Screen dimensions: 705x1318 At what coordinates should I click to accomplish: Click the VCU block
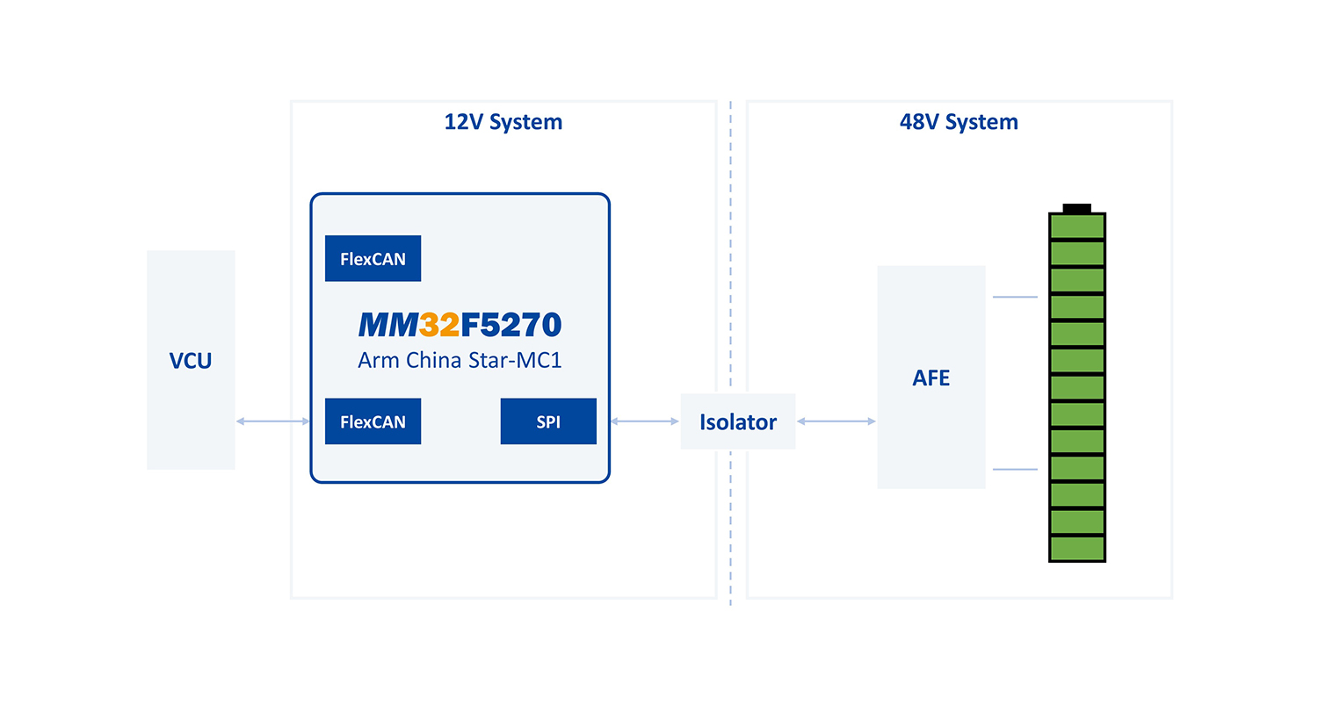pos(191,360)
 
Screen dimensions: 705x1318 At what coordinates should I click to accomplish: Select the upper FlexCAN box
pos(373,258)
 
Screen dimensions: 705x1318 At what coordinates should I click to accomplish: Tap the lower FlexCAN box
pos(373,421)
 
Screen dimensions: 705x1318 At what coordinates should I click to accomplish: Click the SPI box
pos(548,421)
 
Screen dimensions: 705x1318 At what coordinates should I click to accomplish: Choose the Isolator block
pos(738,421)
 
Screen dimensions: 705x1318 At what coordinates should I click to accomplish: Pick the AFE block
pos(931,378)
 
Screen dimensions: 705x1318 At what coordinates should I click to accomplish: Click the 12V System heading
pos(503,122)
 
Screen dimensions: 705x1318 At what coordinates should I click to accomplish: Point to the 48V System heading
pos(959,122)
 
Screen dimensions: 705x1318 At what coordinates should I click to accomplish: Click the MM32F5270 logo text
pos(460,326)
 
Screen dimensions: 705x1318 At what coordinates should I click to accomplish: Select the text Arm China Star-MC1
pos(460,360)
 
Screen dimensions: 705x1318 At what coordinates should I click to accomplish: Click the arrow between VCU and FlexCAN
pos(273,422)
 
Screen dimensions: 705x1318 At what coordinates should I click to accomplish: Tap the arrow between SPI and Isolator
pos(645,422)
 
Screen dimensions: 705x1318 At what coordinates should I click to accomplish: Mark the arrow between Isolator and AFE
pos(836,422)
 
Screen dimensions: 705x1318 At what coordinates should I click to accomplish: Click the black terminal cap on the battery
pos(1076,208)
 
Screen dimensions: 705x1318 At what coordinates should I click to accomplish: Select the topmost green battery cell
pos(1077,227)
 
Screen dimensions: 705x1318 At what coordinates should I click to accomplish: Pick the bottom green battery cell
pos(1077,549)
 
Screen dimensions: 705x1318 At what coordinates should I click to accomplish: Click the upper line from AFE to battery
pos(1015,298)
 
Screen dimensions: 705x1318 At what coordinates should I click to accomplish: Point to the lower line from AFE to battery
pos(1015,470)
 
